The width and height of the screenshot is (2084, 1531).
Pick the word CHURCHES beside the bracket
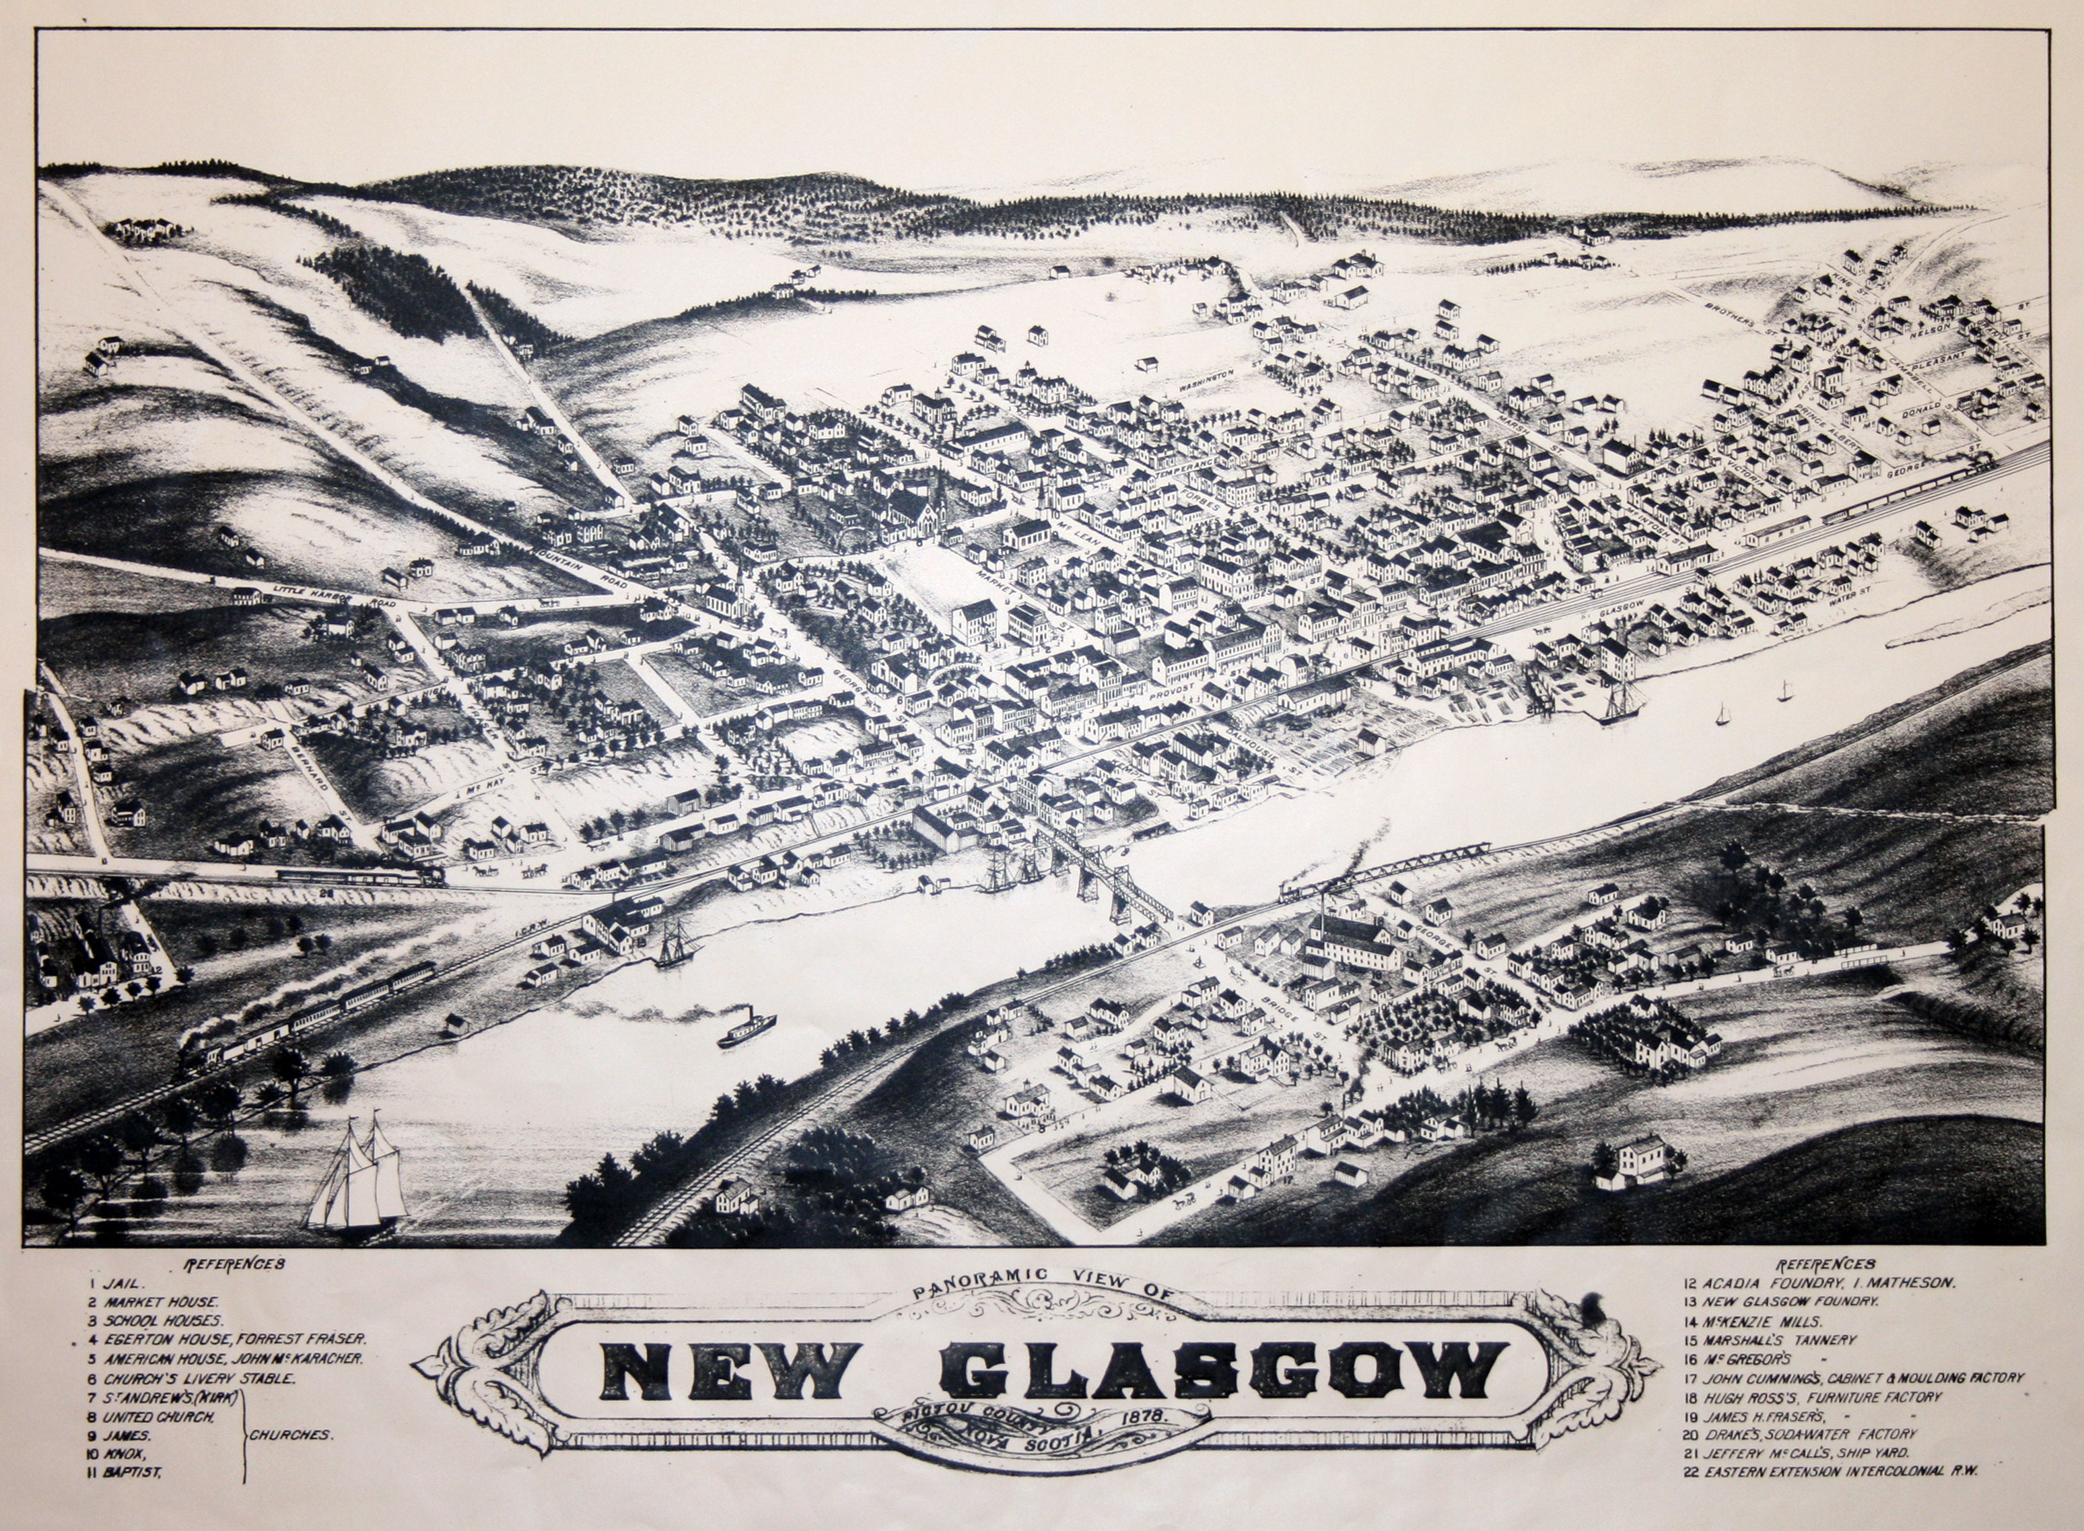click(290, 1435)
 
